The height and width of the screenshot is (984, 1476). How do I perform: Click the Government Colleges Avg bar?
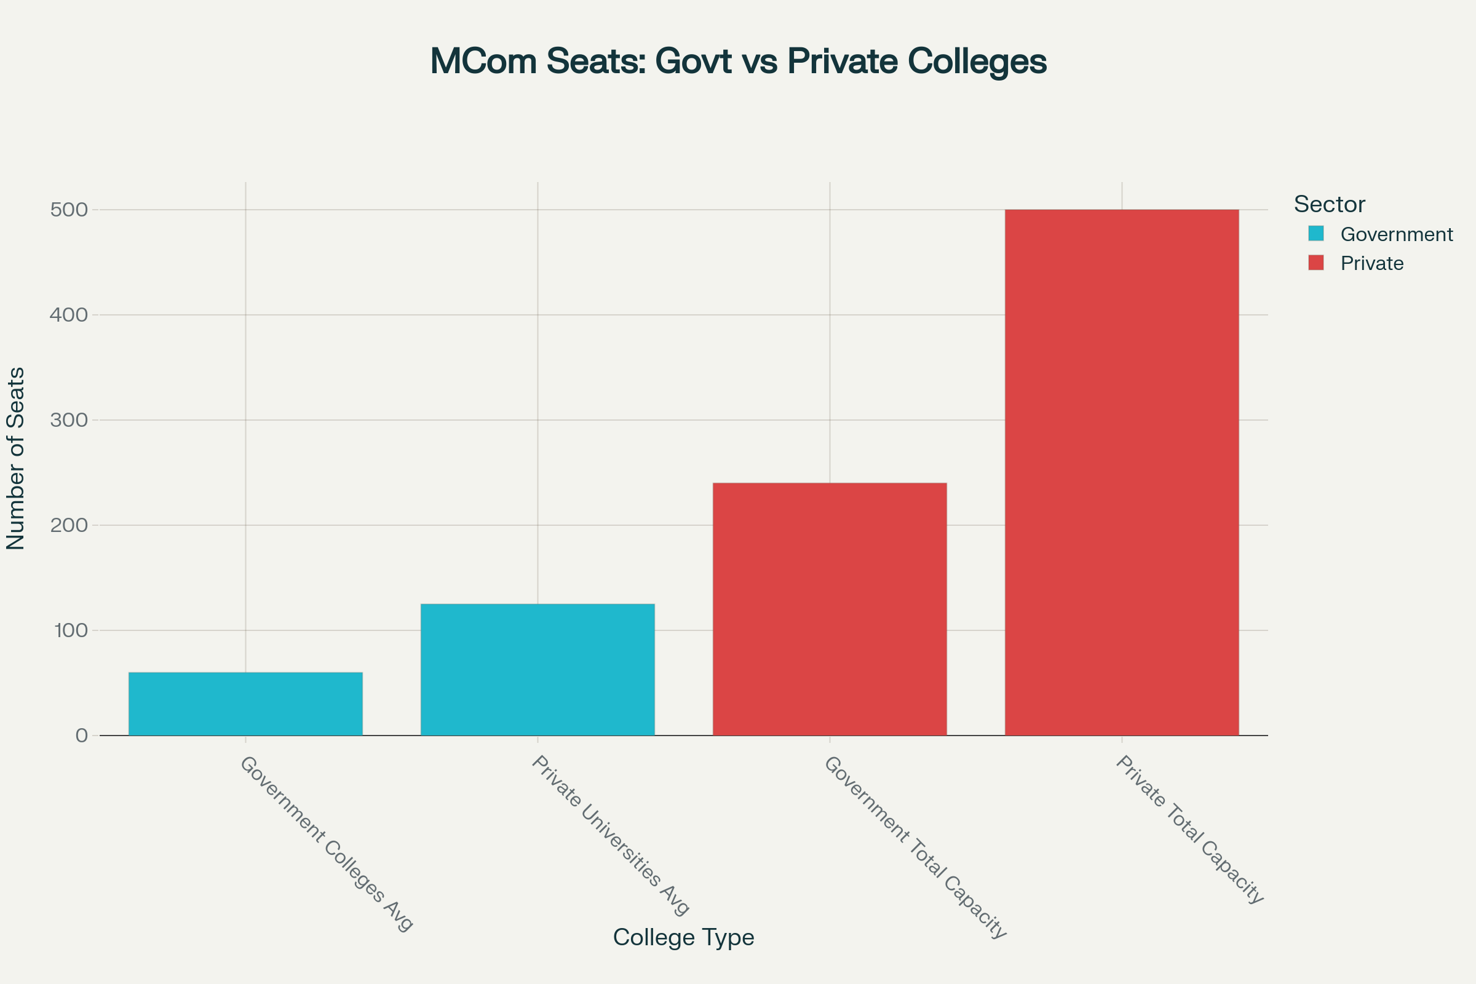tap(245, 704)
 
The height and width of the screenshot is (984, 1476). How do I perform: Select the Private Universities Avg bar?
tap(537, 669)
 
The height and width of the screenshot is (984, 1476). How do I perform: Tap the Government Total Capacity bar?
tap(830, 609)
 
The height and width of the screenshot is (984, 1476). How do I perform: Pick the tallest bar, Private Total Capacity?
tap(1121, 472)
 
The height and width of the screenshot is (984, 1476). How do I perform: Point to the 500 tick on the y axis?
tap(69, 210)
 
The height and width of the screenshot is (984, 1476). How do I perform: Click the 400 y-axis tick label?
tap(69, 315)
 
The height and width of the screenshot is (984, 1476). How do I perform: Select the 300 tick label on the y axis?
tap(69, 420)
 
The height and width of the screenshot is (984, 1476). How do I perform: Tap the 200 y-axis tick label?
tap(69, 525)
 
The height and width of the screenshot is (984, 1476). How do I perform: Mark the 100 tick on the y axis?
tap(70, 630)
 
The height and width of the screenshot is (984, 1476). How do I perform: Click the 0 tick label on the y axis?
tap(82, 736)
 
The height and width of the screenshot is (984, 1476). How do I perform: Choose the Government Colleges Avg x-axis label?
tap(327, 843)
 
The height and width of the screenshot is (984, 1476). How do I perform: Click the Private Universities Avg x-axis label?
tap(611, 835)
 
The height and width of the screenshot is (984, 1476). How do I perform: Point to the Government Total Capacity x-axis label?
tap(915, 847)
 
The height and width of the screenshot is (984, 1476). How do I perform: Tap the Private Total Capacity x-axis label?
tap(1189, 830)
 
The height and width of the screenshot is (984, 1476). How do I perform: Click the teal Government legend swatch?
tap(1316, 234)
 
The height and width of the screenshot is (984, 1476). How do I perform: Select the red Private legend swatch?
tap(1316, 263)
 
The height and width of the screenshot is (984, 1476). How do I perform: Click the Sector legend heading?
tap(1329, 205)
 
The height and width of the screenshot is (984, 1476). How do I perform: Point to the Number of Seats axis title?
tap(16, 459)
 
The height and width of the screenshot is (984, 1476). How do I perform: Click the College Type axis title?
tap(683, 937)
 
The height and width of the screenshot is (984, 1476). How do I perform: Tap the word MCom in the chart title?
tap(483, 61)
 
